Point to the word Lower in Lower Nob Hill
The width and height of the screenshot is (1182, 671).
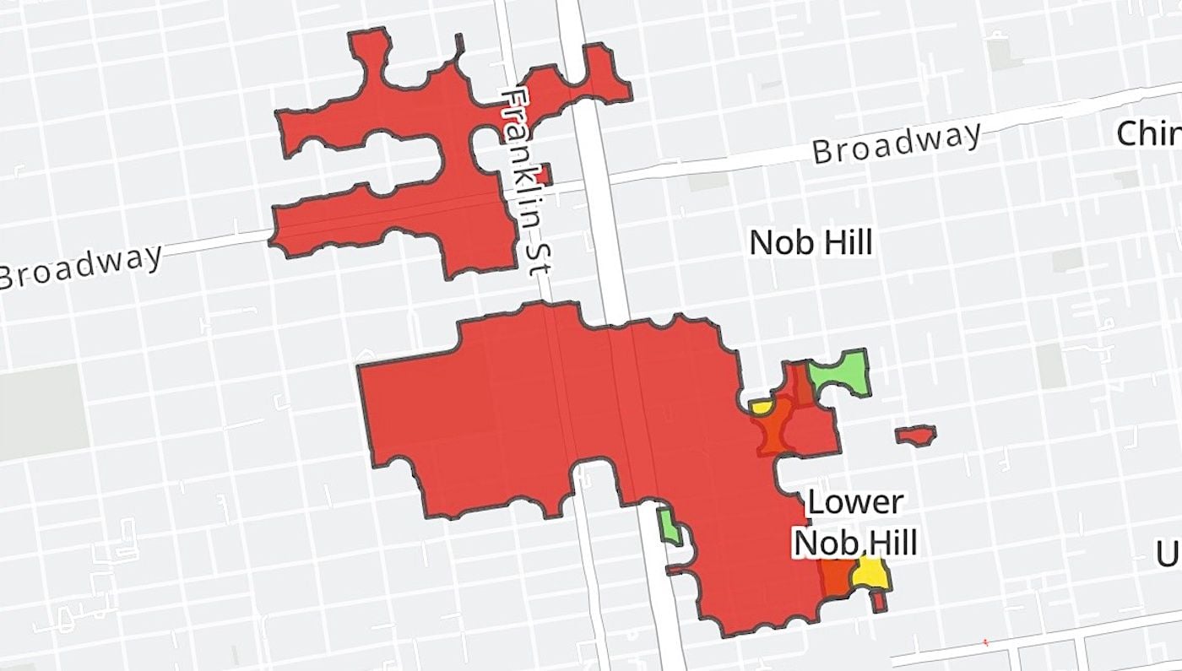tap(855, 502)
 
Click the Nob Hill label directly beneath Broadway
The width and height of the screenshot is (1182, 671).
tap(811, 243)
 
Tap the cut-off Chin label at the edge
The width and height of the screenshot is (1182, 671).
tap(1148, 133)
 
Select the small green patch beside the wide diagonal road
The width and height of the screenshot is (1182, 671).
tap(670, 525)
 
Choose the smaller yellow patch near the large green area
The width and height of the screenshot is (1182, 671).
tap(761, 408)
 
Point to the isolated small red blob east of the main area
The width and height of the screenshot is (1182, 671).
tap(915, 436)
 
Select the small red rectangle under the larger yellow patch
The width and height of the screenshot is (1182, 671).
tap(878, 602)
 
